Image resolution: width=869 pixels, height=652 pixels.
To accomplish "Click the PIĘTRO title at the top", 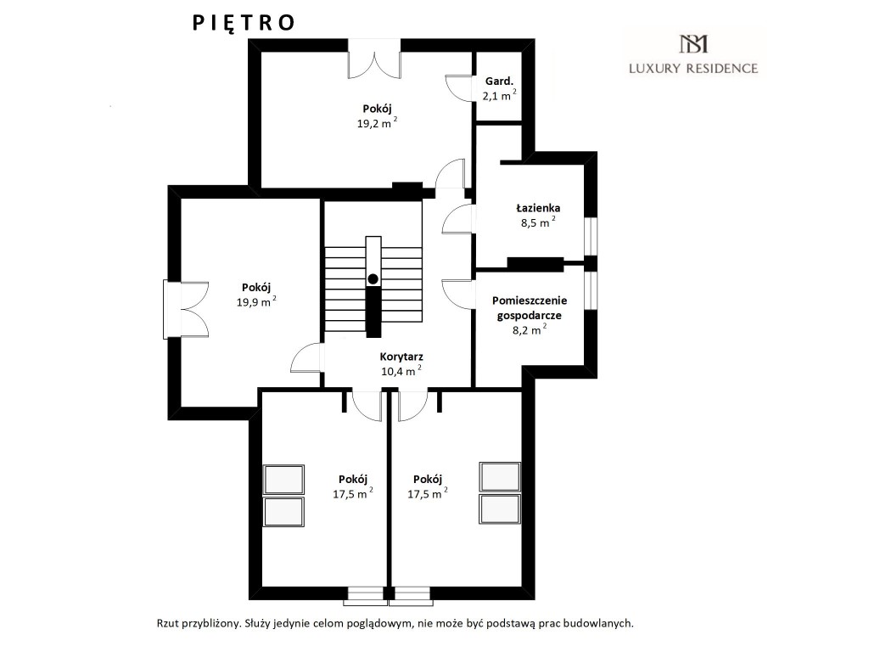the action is pos(244,23).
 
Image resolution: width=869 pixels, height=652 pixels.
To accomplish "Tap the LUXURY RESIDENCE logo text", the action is pos(693,68).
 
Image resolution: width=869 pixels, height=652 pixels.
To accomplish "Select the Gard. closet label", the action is pos(499,81).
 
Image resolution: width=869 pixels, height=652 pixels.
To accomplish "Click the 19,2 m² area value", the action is pos(377,123).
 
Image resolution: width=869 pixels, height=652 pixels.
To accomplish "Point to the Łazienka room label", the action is pos(538,208).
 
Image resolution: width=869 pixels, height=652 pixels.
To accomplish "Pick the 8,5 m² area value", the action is pos(538,222).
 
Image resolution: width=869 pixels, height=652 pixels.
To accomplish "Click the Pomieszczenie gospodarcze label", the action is pos(530,307).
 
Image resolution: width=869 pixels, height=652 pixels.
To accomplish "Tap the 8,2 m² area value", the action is pos(530,330).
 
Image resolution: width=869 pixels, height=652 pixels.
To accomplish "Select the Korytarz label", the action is pos(401,357).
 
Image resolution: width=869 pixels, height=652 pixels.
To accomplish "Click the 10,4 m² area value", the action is pos(401,371).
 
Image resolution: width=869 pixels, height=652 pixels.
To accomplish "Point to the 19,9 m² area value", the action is pos(256,301).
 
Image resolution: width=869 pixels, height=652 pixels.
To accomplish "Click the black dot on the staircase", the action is pos(373,278).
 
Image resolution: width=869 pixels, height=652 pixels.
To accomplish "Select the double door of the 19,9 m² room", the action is pos(186,309).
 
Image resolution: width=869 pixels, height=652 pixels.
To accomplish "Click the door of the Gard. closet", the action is pos(459,88).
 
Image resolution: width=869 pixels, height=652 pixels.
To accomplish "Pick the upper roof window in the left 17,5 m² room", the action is pos(283,480).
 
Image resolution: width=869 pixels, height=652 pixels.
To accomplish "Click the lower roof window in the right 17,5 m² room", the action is pos(500,509).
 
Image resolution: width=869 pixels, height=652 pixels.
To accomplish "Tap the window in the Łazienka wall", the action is pos(591,237).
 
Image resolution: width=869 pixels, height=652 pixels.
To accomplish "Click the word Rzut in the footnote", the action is pos(168,623).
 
